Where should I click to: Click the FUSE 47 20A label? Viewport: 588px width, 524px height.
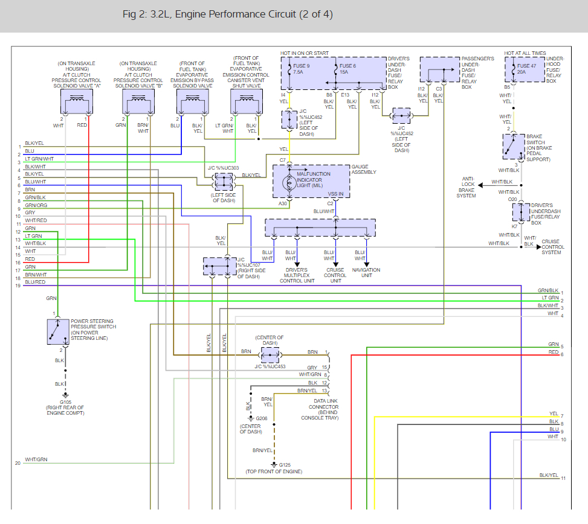click(x=526, y=69)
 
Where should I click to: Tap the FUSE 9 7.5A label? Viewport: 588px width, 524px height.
click(x=301, y=69)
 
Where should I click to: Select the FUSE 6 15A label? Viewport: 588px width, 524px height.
click(x=347, y=69)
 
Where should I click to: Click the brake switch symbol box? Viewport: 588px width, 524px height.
click(x=514, y=146)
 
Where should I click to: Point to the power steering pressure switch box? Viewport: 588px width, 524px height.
click(x=58, y=331)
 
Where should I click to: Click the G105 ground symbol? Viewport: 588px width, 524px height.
click(x=65, y=395)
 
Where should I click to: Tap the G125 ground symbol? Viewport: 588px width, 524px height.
click(x=274, y=464)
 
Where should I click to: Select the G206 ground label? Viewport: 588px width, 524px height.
click(x=262, y=418)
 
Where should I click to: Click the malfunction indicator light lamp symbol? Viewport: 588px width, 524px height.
click(x=289, y=183)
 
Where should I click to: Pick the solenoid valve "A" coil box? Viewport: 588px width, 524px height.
click(x=77, y=101)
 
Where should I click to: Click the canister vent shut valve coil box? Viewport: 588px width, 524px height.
click(x=247, y=101)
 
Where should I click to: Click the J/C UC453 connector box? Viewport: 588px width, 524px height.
click(x=270, y=355)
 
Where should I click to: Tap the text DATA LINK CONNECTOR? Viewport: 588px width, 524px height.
click(x=323, y=404)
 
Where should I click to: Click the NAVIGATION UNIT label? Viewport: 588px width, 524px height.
click(x=366, y=272)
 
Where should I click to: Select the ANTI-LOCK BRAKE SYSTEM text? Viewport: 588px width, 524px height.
click(x=466, y=187)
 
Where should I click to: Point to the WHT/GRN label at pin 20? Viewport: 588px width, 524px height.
click(x=36, y=459)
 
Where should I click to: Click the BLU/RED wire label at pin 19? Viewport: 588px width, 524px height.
click(x=35, y=282)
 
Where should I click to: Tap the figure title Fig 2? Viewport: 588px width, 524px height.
click(x=228, y=14)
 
